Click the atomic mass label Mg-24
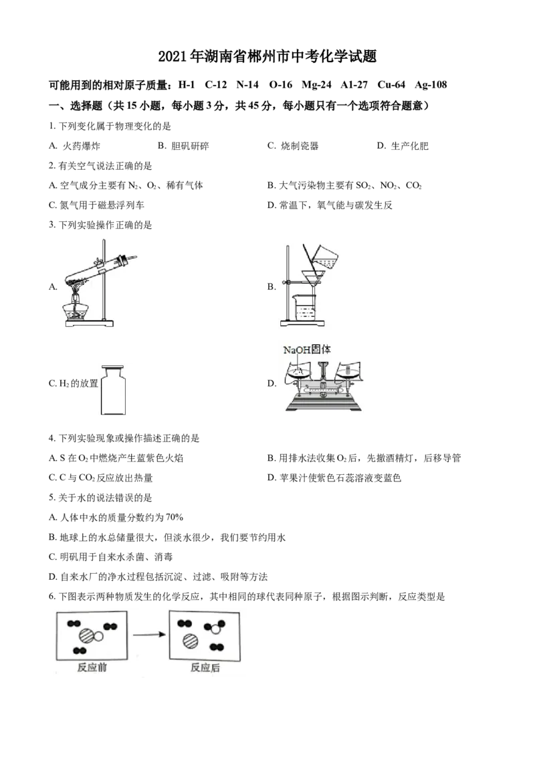[316, 85]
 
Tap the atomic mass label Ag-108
[431, 85]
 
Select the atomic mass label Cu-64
[391, 85]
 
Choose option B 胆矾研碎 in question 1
[183, 146]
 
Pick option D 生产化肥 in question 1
[403, 146]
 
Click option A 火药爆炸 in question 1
[74, 146]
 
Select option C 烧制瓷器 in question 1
[293, 146]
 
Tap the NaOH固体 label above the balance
[307, 350]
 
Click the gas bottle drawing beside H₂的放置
[114, 391]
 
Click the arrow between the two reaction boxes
[149, 635]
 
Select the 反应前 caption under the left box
[92, 667]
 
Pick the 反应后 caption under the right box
[205, 667]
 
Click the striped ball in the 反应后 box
[191, 641]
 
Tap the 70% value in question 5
[175, 518]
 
